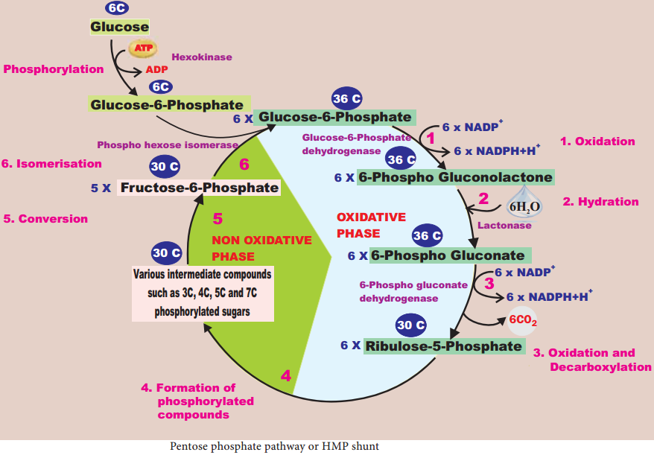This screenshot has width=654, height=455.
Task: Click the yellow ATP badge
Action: (143, 48)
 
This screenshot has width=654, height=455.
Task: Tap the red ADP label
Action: (157, 70)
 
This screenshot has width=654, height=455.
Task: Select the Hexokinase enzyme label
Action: (202, 57)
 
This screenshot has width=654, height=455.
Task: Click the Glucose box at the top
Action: (120, 27)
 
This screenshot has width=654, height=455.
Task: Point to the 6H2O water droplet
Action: (524, 203)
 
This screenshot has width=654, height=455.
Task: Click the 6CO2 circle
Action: (523, 321)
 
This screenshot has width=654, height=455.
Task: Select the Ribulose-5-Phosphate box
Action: (444, 346)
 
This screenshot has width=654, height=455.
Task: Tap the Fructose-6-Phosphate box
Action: (199, 188)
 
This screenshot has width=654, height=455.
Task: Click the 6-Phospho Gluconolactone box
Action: (455, 177)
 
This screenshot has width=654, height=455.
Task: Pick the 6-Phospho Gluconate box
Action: (451, 255)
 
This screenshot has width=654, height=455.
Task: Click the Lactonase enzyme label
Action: (504, 226)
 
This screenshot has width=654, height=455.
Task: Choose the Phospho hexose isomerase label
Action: (168, 145)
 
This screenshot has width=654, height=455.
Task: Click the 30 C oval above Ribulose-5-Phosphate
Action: (411, 325)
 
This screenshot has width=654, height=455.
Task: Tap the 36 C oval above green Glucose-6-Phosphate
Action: (347, 98)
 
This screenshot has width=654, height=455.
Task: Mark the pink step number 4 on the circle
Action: (286, 376)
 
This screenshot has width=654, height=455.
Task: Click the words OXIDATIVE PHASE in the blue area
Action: (371, 225)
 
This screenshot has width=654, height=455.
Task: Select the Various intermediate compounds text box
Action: (203, 293)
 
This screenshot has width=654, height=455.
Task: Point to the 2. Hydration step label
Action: (600, 202)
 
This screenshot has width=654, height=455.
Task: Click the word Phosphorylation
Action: (54, 69)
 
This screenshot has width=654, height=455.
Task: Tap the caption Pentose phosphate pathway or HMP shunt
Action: (274, 447)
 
